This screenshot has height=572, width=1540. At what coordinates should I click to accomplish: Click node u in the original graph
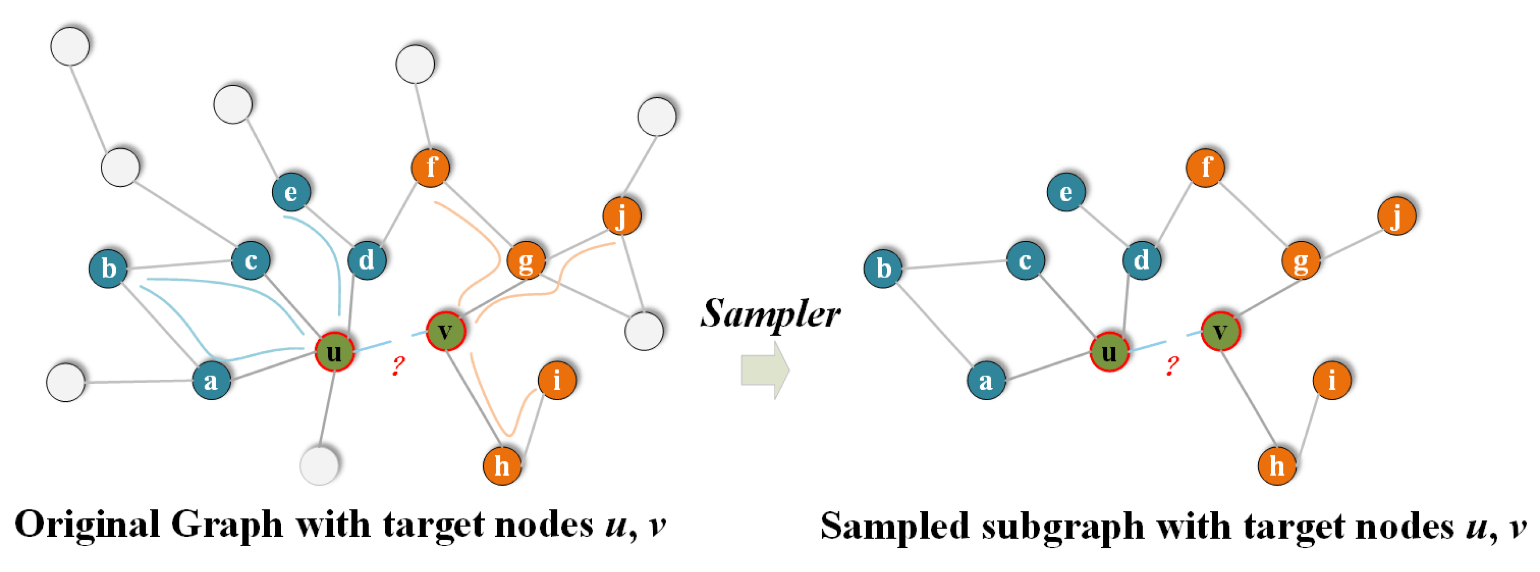tap(335, 352)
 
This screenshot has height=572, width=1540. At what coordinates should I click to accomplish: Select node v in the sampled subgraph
tap(1220, 331)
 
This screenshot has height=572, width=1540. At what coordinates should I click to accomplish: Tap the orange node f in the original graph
tap(430, 167)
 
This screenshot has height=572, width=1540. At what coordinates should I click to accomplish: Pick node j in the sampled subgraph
tap(1397, 216)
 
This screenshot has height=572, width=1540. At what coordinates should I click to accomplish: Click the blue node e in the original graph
tap(291, 192)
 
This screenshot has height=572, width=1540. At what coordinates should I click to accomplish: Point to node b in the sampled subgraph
tap(883, 268)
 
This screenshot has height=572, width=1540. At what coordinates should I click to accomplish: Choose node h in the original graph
tap(502, 465)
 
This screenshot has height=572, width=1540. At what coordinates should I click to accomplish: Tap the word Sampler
tap(770, 313)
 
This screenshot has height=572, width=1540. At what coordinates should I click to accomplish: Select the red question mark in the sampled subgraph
tap(1172, 365)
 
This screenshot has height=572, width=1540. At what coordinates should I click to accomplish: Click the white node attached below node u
tap(319, 465)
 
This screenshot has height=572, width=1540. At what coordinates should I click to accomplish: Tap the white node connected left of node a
tap(66, 382)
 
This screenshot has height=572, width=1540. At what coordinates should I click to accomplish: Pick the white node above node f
tap(415, 63)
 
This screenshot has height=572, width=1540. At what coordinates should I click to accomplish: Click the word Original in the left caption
tap(87, 525)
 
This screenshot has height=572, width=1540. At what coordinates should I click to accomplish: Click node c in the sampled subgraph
tap(1025, 260)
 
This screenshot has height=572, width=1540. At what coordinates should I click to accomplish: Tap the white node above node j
tap(656, 116)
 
